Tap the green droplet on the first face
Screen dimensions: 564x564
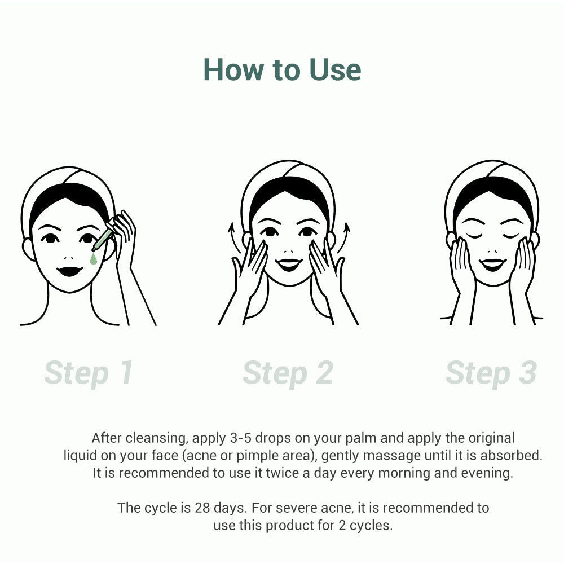coord(93,259)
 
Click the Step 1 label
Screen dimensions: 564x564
coord(89,373)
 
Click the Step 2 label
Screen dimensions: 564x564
coord(288,373)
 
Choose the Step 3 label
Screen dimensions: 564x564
coord(491,373)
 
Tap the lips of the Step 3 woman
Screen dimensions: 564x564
coord(492,264)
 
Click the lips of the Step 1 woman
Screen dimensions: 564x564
coord(70,271)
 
